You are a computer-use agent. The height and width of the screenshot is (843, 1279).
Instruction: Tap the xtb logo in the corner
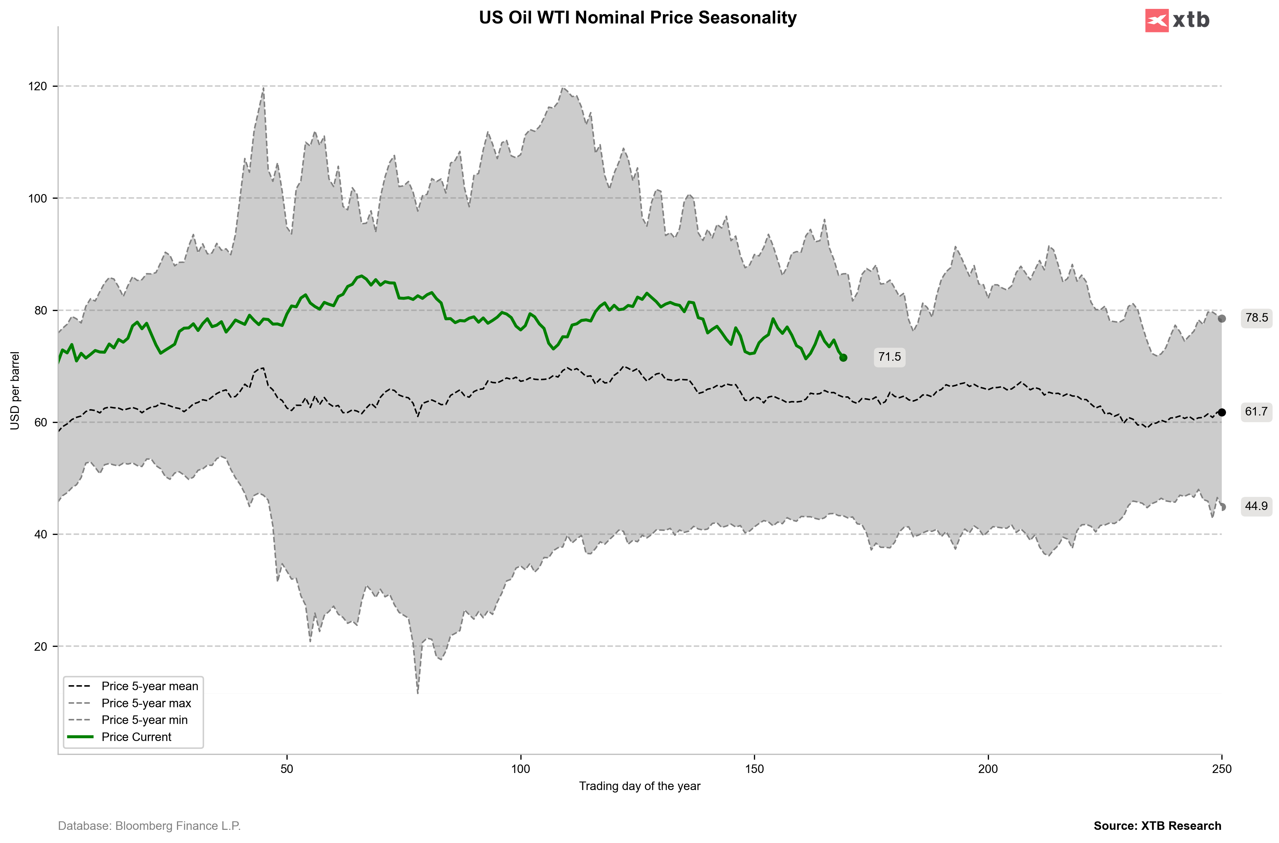pos(1177,20)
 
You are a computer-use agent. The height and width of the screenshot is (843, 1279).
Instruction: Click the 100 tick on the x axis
pos(520,769)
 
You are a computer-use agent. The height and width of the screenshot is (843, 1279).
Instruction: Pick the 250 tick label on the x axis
pos(1221,769)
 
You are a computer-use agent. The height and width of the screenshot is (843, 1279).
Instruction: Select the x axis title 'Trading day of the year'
pos(639,786)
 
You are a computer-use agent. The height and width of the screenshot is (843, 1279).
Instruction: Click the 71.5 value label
pos(889,357)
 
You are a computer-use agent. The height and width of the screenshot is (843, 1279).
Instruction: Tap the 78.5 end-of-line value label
pos(1256,318)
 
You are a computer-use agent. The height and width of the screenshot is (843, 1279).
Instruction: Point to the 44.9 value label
pos(1256,506)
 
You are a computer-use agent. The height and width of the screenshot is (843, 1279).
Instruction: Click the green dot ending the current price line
pos(843,358)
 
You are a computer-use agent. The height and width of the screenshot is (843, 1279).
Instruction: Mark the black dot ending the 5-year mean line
pos(1221,412)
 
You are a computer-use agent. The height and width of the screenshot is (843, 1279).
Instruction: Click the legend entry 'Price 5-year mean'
pos(149,686)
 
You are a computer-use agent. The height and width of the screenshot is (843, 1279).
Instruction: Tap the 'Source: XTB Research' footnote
pos(1157,826)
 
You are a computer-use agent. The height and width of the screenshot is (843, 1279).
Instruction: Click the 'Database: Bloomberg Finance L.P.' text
pos(149,826)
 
